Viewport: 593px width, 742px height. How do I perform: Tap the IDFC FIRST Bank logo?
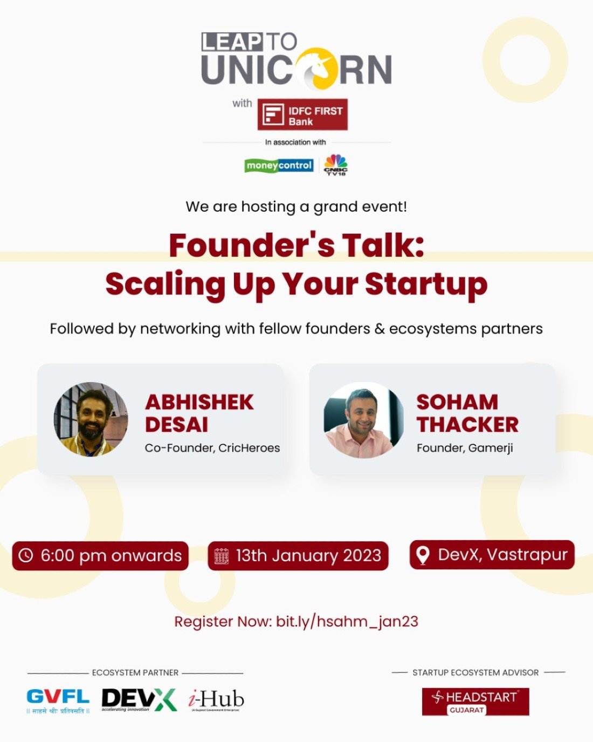(x=302, y=114)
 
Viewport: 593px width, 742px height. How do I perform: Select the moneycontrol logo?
(x=279, y=165)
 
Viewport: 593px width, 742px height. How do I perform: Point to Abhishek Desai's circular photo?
(x=91, y=419)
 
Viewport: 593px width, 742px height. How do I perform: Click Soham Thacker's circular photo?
(x=364, y=419)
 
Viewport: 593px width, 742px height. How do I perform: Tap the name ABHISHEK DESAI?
(x=199, y=413)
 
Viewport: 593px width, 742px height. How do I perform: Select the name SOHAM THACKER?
(x=467, y=413)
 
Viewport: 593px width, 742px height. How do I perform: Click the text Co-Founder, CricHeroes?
(x=212, y=448)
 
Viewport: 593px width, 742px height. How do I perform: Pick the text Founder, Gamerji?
(x=465, y=448)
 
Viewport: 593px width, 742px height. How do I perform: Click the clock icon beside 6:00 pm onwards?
(x=26, y=555)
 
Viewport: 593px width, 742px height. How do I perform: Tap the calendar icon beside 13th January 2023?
(x=222, y=556)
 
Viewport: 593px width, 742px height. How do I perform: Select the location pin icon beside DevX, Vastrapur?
(x=423, y=555)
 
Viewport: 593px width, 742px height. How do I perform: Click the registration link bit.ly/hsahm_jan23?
(x=347, y=621)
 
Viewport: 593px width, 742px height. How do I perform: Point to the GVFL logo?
(x=58, y=700)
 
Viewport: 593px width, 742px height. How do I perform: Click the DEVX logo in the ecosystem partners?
(x=139, y=700)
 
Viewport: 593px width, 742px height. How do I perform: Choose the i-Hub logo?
(x=216, y=700)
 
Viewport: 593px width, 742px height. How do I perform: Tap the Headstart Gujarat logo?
(x=475, y=702)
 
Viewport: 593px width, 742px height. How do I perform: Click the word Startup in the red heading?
(x=426, y=284)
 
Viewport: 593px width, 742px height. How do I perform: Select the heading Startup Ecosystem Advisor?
(x=475, y=672)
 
